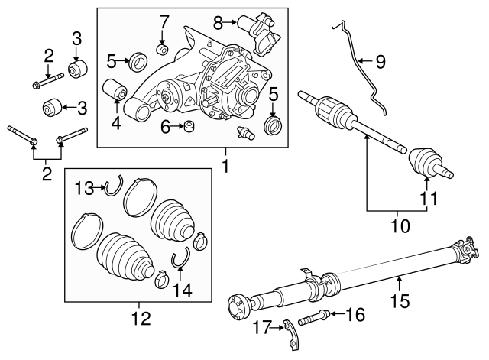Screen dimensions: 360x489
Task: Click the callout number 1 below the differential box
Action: [x=224, y=164]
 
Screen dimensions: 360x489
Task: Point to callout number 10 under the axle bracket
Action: [x=400, y=226]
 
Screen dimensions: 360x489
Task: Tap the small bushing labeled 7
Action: [x=162, y=50]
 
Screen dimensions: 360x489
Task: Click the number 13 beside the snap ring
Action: [x=83, y=187]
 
